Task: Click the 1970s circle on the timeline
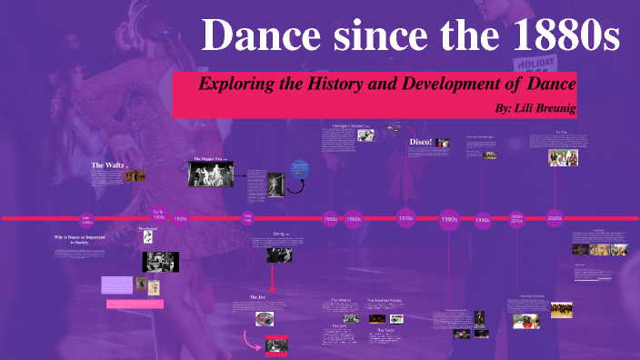tap(405, 218)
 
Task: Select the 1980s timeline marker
tap(449, 219)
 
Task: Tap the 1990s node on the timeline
tap(483, 219)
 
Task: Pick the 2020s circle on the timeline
tap(555, 218)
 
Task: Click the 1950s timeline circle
tap(331, 219)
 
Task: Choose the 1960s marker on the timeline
tap(354, 219)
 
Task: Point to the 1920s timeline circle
tap(180, 218)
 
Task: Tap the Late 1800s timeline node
tap(87, 219)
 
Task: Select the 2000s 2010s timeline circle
tap(516, 218)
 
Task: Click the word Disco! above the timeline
tap(420, 143)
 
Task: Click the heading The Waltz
tap(106, 165)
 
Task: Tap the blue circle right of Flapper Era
tap(301, 168)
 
